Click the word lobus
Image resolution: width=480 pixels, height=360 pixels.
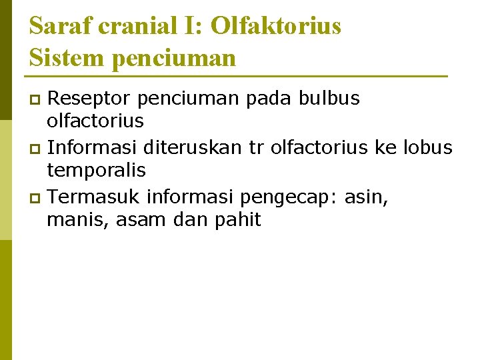click(429, 147)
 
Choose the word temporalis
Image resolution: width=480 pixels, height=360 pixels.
click(96, 171)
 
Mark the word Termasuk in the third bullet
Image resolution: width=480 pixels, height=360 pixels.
click(95, 197)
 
